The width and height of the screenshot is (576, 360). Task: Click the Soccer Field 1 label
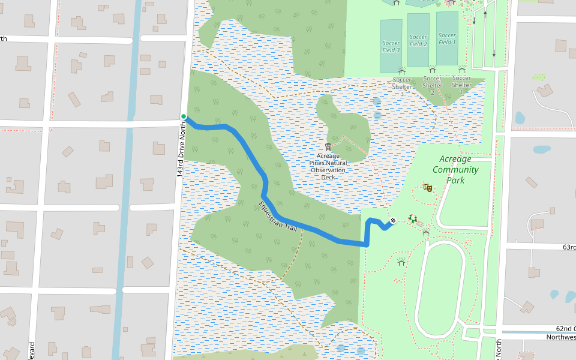click(x=447, y=39)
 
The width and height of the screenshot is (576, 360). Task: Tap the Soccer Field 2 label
click(x=418, y=40)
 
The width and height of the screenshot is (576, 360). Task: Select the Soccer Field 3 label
click(x=391, y=46)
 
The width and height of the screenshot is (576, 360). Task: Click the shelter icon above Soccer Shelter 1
click(x=462, y=70)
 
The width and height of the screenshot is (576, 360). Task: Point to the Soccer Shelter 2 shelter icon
click(x=433, y=70)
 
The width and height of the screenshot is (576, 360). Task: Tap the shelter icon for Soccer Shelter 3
click(x=402, y=71)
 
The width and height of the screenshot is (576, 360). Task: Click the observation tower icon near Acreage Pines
click(x=328, y=146)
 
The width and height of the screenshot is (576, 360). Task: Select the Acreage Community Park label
click(x=455, y=169)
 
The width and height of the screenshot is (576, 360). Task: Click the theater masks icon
click(x=427, y=188)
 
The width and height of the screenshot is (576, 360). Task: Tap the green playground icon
click(x=413, y=220)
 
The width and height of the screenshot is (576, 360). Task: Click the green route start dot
click(x=184, y=116)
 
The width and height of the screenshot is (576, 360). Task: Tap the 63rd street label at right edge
click(x=568, y=247)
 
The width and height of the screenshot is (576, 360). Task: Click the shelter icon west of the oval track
click(x=401, y=262)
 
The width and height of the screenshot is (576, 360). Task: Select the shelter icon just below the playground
click(x=425, y=232)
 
